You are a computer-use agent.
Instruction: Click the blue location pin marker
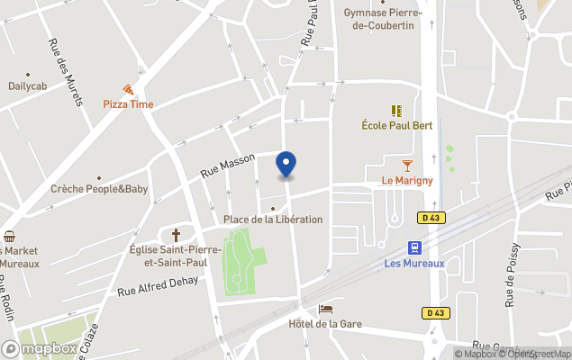[286, 165]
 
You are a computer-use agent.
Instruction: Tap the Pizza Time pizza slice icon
[128, 89]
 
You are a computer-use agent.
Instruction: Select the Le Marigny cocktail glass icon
[407, 166]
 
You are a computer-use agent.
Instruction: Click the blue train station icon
[413, 247]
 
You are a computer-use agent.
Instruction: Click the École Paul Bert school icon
[396, 111]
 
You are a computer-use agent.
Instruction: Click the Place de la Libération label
[273, 220]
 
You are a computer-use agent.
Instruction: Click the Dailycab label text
[28, 86]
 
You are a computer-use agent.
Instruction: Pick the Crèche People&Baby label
[99, 189]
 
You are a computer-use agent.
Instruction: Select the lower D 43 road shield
[436, 312]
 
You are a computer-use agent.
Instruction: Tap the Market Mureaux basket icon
[9, 237]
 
